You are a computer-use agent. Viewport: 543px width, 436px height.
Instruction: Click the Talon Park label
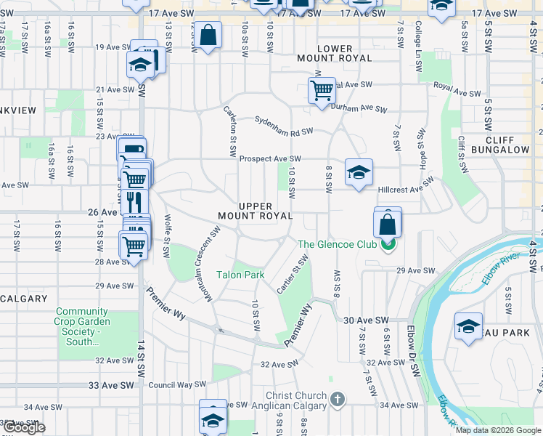click(240, 275)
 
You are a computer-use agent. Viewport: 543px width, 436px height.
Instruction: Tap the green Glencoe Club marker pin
click(389, 245)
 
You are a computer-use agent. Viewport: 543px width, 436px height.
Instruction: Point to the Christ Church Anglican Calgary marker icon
click(337, 400)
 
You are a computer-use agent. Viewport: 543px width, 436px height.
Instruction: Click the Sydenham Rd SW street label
click(283, 126)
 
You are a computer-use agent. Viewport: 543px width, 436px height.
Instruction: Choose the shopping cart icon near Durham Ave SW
click(322, 91)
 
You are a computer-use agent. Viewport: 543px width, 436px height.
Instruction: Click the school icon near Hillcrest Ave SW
click(359, 172)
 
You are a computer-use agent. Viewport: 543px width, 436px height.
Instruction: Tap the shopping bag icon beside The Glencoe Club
click(388, 225)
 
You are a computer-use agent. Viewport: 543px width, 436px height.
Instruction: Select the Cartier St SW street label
click(289, 274)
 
